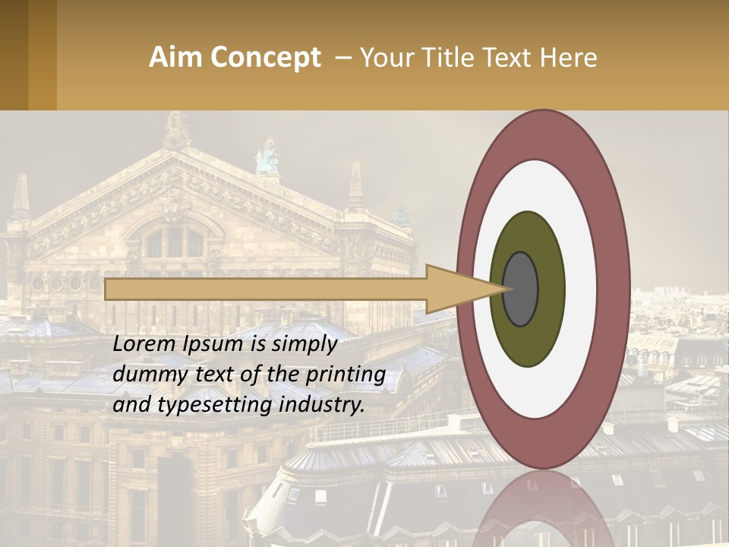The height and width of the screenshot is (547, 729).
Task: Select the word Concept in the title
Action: point(266,58)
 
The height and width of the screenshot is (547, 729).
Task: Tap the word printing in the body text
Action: point(345,375)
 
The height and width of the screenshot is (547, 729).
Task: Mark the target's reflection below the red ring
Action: point(543,513)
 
